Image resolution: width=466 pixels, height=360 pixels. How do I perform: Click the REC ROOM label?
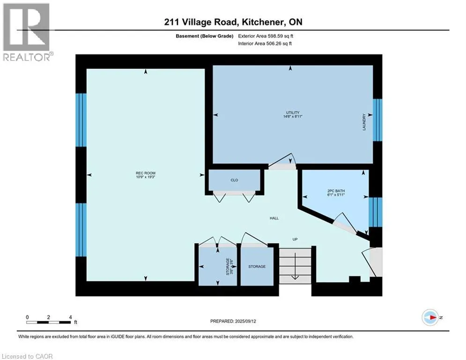pos(146,173)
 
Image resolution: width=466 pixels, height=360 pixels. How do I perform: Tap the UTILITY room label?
pos(293,112)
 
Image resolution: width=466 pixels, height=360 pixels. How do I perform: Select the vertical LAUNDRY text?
pos(364,122)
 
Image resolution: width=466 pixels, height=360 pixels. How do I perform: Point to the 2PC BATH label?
pos(336,191)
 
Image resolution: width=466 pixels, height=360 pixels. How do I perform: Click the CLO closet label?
pos(234,180)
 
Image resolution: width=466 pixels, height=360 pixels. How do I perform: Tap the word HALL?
pos(274,218)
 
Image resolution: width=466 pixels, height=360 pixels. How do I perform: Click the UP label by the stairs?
pos(295,239)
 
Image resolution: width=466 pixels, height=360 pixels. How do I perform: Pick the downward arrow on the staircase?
pos(295,266)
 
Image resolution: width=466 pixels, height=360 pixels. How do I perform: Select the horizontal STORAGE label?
pos(257,267)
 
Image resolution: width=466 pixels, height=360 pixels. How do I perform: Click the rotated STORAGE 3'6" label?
pos(229,267)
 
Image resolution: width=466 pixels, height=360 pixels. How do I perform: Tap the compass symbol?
pos(430,317)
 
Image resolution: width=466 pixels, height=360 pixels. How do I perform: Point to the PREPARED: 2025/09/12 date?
pos(233,321)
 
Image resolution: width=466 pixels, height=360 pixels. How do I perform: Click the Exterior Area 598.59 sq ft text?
pos(266,36)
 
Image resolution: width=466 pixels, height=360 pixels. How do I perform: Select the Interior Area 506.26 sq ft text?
pos(265,44)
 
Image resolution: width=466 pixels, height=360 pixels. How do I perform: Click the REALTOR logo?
pos(27,32)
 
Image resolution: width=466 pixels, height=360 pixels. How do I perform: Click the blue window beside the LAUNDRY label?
pos(377,120)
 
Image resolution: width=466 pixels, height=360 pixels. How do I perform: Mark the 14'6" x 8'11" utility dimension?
pos(293,116)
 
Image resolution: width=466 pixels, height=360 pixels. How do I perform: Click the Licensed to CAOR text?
pos(27,356)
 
